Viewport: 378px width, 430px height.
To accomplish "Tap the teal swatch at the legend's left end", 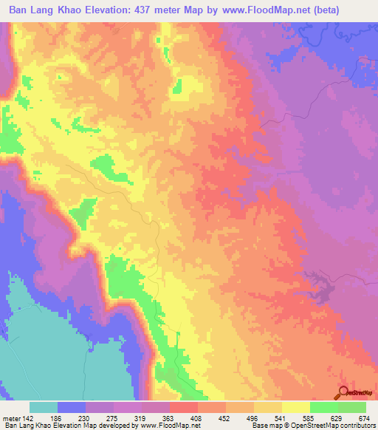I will coord(43,407).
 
